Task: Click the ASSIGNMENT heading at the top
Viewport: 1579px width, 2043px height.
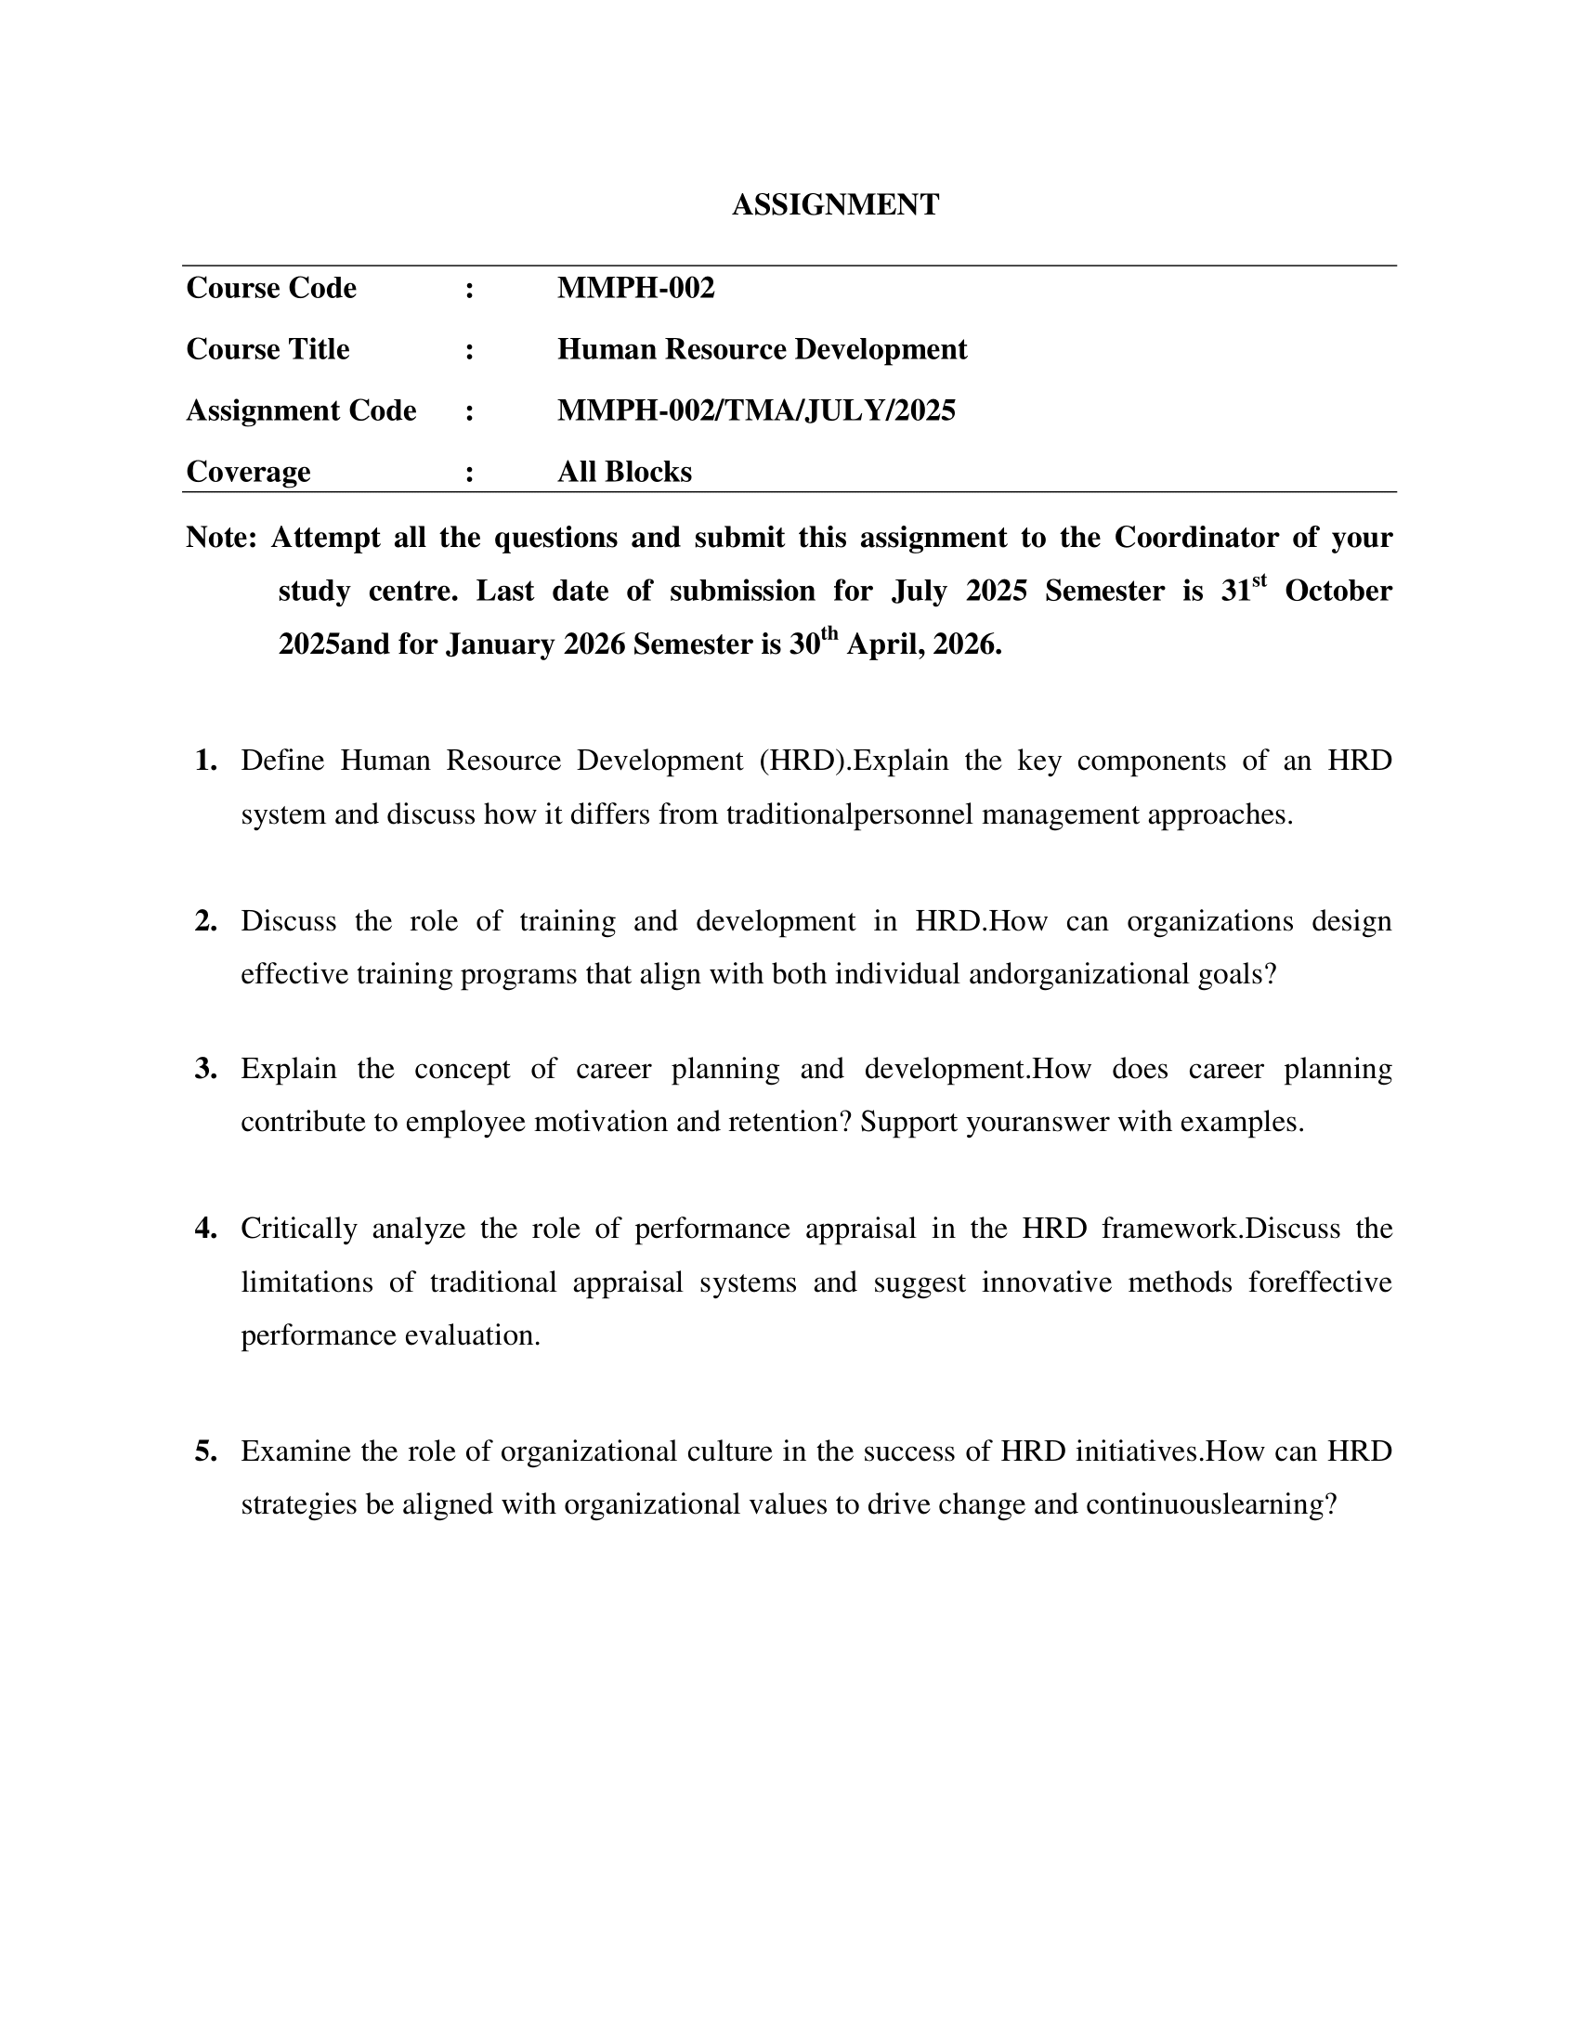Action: pos(834,205)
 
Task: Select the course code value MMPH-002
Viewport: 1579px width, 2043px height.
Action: pos(635,288)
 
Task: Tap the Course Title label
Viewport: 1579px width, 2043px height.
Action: pos(268,349)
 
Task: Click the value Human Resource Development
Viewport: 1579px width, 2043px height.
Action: pos(762,349)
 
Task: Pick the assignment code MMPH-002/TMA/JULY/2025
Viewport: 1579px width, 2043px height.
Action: pos(756,410)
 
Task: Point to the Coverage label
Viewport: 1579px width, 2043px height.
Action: pos(248,472)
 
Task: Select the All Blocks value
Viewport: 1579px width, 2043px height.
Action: pos(624,472)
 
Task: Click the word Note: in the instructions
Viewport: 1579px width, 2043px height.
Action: pos(221,538)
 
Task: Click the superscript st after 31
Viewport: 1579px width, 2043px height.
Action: pos(1259,581)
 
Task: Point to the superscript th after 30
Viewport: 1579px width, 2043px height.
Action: pos(829,634)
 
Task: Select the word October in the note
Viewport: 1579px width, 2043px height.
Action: pos(1338,592)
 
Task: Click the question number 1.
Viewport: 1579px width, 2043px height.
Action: pos(206,761)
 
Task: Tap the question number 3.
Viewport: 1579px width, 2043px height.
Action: pos(206,1068)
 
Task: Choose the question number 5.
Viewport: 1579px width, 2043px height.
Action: pos(206,1451)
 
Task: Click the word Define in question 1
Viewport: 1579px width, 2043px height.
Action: pos(281,761)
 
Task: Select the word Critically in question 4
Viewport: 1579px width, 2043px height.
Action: pos(298,1229)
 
